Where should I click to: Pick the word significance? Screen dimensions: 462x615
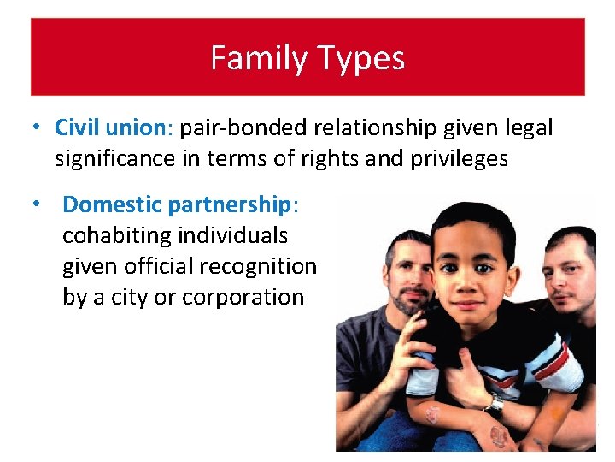pyautogui.click(x=115, y=159)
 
